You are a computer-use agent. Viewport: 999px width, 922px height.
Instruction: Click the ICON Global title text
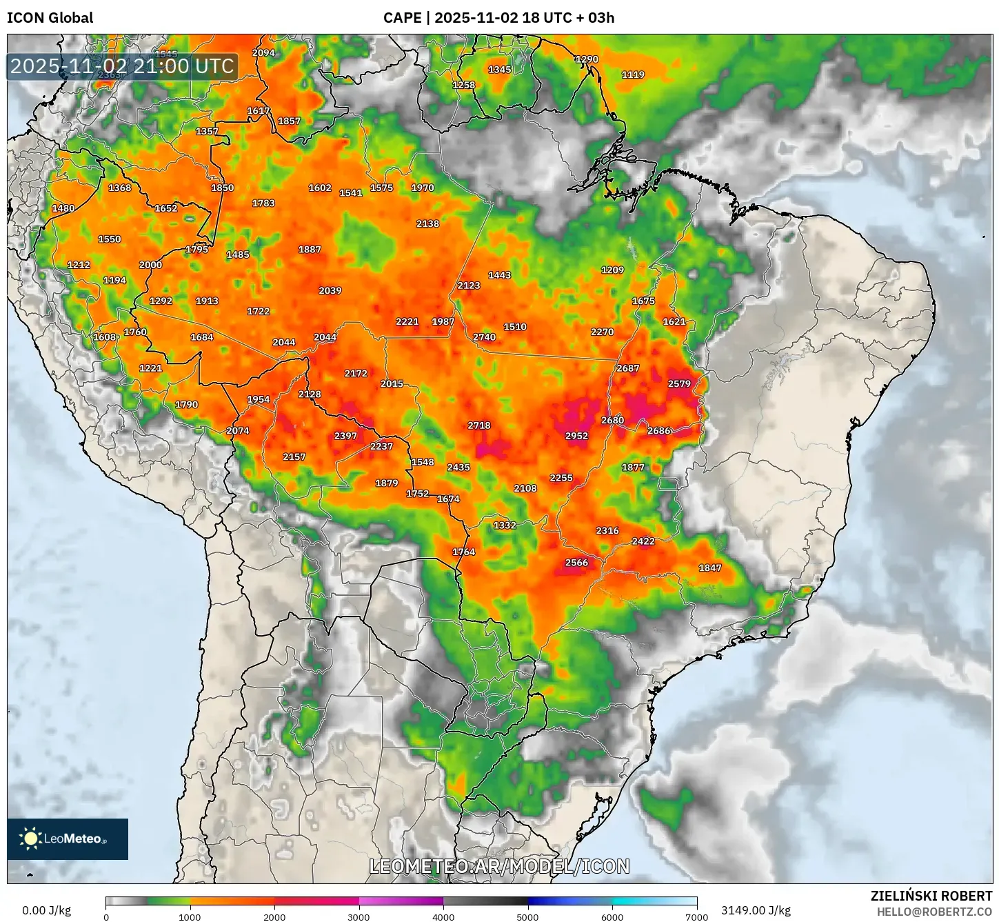coord(50,18)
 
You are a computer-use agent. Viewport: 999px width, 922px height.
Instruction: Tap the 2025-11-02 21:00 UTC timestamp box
coord(122,67)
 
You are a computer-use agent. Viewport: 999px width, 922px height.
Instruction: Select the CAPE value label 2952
coord(576,436)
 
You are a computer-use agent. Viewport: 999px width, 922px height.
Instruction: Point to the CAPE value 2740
coord(484,337)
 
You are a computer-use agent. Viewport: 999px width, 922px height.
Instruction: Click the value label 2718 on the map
coord(479,425)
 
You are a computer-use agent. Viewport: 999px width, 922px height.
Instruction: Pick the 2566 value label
coord(576,563)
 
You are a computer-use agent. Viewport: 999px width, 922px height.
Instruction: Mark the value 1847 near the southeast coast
coord(710,568)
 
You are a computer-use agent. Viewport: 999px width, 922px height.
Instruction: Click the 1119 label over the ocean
coord(633,75)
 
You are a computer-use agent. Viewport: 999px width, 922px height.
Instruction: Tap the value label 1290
coord(587,59)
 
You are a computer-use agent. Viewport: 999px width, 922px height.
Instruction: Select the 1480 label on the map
coord(63,208)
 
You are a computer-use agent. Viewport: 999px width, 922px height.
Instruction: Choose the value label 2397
coord(345,436)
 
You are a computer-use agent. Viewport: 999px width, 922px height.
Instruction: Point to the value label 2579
coord(679,384)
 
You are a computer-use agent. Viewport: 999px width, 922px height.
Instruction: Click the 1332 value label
coord(505,525)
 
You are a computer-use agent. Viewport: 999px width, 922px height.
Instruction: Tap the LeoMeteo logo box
coord(68,839)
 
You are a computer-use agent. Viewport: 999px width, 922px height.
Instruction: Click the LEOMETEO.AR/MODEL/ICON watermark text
coord(499,866)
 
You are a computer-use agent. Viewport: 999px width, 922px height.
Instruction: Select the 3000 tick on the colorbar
coord(359,917)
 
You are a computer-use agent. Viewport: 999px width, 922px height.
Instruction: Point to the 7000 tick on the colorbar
coord(696,917)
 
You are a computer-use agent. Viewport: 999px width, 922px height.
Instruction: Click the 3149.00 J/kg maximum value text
coord(756,910)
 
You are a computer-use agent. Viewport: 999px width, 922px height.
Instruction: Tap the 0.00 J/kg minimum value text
coord(47,910)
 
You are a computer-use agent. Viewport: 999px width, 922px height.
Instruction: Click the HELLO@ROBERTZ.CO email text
coord(934,912)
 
